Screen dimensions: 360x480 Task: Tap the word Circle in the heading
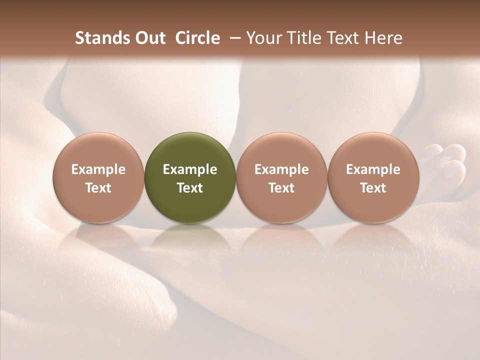[x=197, y=38]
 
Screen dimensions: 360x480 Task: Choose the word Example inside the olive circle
[x=190, y=169]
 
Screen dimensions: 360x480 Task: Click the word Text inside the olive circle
[x=190, y=188]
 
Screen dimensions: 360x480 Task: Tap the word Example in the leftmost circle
[x=98, y=169]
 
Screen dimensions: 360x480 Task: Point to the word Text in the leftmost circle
[x=98, y=188]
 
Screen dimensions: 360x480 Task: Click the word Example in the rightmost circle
[x=373, y=169]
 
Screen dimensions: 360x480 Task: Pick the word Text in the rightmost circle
[x=373, y=188]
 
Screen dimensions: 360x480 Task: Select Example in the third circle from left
[x=281, y=169]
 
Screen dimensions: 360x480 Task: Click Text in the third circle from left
[x=281, y=188]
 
